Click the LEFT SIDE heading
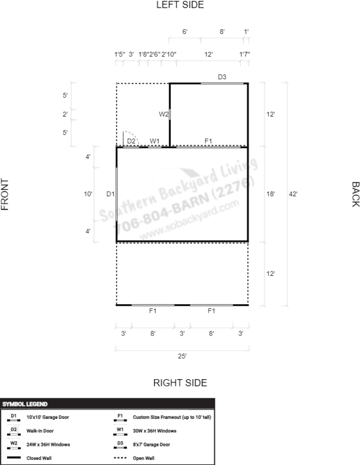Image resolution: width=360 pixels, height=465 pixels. pyautogui.click(x=180, y=5)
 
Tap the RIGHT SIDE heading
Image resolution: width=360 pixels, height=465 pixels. pyautogui.click(x=180, y=383)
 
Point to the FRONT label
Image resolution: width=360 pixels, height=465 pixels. pyautogui.click(x=5, y=194)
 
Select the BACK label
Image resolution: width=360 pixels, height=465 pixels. pyautogui.click(x=355, y=194)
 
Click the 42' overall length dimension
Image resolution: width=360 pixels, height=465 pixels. pyautogui.click(x=293, y=194)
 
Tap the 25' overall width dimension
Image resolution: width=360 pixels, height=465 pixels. pyautogui.click(x=182, y=356)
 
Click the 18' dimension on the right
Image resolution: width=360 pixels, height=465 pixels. pyautogui.click(x=271, y=194)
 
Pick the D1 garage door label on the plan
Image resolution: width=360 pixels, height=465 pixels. pyautogui.click(x=111, y=194)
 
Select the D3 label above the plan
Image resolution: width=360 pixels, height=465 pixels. pyautogui.click(x=222, y=77)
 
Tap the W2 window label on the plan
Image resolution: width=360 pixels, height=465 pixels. pyautogui.click(x=164, y=114)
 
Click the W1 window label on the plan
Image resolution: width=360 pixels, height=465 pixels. pyautogui.click(x=155, y=141)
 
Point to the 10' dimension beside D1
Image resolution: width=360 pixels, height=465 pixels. pyautogui.click(x=88, y=194)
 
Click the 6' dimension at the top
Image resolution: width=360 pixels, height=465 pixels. pyautogui.click(x=185, y=31)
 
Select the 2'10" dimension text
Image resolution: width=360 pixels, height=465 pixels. pyautogui.click(x=169, y=54)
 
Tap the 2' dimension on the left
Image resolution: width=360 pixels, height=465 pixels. pyautogui.click(x=65, y=114)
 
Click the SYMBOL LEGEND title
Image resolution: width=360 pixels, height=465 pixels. pyautogui.click(x=25, y=404)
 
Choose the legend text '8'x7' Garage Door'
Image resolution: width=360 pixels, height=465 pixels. pyautogui.click(x=151, y=444)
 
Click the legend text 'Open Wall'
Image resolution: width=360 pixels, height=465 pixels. pyautogui.click(x=143, y=458)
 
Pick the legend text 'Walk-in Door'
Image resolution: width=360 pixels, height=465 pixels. pyautogui.click(x=40, y=431)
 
